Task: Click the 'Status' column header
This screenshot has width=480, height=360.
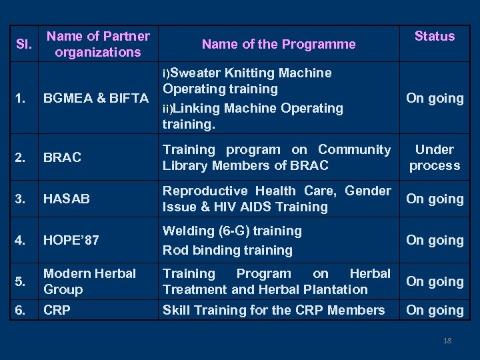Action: pos(435,36)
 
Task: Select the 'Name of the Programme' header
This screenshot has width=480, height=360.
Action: pos(279,44)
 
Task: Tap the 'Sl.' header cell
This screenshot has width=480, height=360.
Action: pos(23,44)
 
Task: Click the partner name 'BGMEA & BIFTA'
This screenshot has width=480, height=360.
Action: pos(96,99)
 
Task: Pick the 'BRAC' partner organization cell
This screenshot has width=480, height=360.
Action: pos(63,157)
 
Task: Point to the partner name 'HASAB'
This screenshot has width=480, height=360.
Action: pos(67,199)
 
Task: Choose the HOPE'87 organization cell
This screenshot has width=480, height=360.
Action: pos(71,240)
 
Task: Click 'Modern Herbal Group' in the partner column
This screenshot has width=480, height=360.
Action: pos(89,281)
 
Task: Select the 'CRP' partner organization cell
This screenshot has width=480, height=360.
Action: pos(57,310)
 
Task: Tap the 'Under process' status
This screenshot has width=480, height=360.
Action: pos(435,157)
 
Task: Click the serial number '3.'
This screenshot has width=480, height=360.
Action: pos(22,199)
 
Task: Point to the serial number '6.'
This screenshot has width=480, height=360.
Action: pos(22,310)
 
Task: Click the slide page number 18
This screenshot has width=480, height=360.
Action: pos(447,341)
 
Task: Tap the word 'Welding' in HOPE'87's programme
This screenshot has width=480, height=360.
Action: pos(187,231)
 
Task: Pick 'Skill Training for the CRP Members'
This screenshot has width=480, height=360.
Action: pos(273,310)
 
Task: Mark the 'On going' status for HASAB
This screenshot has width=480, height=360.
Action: pos(435,199)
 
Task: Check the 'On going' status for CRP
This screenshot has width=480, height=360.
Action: pos(435,310)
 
